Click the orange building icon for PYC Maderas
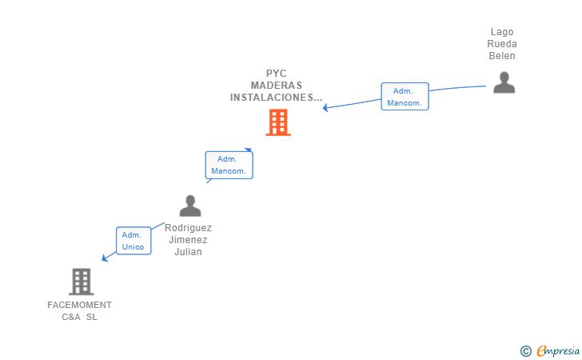point(277,122)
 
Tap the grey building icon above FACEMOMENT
point(81,282)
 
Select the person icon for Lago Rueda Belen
point(504,82)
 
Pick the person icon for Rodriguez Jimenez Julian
point(190,206)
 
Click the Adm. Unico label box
point(133,241)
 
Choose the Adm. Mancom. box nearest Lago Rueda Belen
point(405,97)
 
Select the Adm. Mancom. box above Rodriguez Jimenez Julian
point(229,166)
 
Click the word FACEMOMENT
point(80,305)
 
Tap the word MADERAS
point(277,86)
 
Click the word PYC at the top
point(277,74)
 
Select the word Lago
point(502,32)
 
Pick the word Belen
point(502,56)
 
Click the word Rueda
point(502,44)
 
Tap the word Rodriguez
point(189,228)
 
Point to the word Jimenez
point(189,240)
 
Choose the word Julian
point(189,252)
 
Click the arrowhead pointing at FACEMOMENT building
point(105,258)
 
